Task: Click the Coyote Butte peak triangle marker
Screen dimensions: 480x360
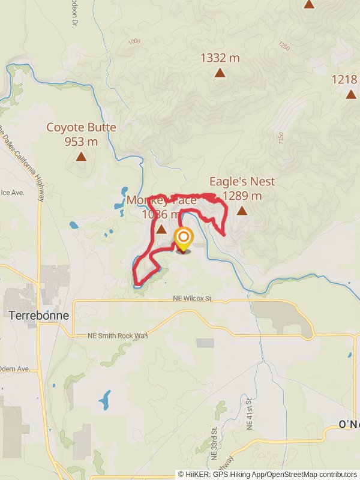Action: (x=81, y=157)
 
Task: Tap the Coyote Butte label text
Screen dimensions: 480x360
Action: (x=81, y=127)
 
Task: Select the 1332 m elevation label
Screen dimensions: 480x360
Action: (x=220, y=58)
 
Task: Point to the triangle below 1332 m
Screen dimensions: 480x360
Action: (x=220, y=73)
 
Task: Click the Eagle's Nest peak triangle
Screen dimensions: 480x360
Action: (x=242, y=211)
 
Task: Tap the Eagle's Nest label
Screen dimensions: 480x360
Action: (x=242, y=181)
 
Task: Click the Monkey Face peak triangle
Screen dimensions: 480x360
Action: (x=161, y=229)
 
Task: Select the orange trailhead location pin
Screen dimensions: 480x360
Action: (x=184, y=240)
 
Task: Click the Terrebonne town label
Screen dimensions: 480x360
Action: (x=39, y=315)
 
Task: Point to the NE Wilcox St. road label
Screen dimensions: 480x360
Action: (x=193, y=298)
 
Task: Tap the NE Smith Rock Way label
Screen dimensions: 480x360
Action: (x=117, y=335)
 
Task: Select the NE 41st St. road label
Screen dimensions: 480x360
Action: (x=248, y=412)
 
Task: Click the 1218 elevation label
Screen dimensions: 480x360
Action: (x=346, y=79)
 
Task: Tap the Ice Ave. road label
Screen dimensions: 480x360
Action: (x=12, y=193)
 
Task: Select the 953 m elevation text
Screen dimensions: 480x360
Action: (x=81, y=142)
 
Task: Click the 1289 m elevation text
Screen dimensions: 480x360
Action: (x=242, y=196)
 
